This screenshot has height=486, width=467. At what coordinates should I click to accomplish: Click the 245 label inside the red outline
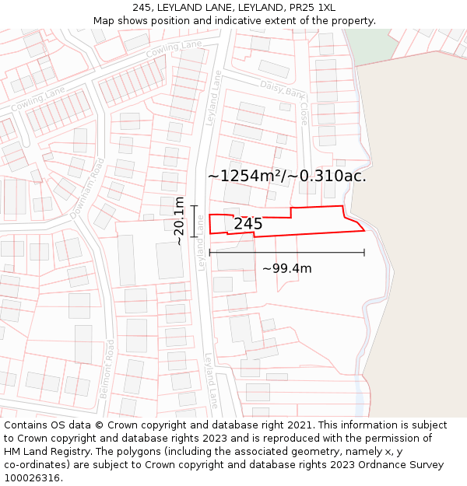(x=248, y=224)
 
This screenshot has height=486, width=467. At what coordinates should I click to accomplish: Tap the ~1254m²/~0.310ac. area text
(x=286, y=176)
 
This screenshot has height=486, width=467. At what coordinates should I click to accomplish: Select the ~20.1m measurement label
(x=179, y=221)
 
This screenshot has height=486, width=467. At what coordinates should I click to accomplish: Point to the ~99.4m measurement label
(x=286, y=269)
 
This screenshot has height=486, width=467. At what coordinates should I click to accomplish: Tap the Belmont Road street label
(x=107, y=369)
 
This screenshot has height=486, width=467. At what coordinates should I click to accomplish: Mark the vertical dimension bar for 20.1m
(x=194, y=221)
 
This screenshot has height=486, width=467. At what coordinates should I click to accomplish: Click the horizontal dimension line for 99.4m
(x=286, y=252)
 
